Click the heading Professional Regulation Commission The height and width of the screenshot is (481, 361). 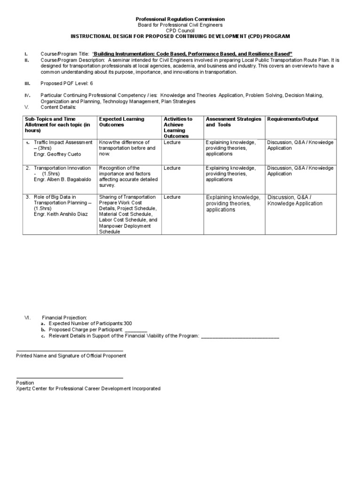[180, 19]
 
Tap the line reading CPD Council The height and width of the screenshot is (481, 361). [180, 30]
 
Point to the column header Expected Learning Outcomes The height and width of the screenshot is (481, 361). [122, 122]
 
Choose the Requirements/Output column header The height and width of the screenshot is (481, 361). [292, 119]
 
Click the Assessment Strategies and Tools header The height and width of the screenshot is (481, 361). [233, 122]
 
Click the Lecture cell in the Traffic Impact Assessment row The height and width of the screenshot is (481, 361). [172, 142]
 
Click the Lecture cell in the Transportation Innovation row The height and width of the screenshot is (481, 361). [172, 168]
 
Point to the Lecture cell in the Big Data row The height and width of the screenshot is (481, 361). [172, 197]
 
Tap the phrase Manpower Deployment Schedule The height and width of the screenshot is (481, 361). [125, 229]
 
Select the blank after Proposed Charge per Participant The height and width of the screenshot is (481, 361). [136, 330]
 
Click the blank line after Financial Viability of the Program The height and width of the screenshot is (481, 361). [240, 336]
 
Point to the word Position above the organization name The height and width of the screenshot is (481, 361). [25, 383]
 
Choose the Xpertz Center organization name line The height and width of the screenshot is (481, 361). [88, 389]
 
